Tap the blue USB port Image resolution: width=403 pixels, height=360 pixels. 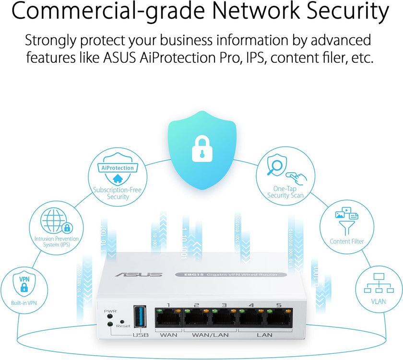pos(141,317)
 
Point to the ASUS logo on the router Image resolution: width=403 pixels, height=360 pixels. pos(139,275)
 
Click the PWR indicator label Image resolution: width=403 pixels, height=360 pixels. pos(110,311)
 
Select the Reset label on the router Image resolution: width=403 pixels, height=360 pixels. pos(123,325)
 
